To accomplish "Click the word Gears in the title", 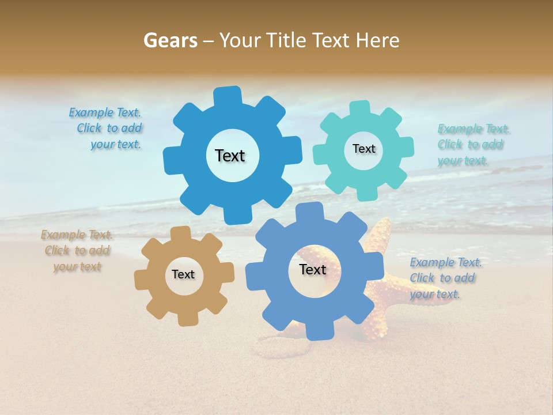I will [x=169, y=40].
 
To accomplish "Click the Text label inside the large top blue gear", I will [x=230, y=156].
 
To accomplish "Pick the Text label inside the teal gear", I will [x=363, y=149].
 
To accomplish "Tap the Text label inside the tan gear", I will [x=183, y=275].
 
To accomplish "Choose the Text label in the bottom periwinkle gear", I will [x=313, y=270].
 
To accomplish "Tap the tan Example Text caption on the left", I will [x=77, y=251].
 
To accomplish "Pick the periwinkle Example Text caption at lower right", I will [x=445, y=278].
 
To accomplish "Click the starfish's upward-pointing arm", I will [x=382, y=231].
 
